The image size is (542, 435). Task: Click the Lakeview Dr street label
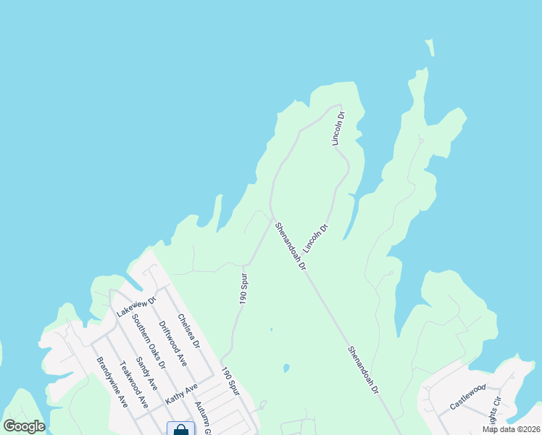click(136, 307)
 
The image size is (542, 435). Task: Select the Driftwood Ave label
click(172, 342)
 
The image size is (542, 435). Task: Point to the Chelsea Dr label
click(187, 331)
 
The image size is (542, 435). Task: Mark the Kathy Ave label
click(180, 394)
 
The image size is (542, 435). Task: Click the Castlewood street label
click(467, 397)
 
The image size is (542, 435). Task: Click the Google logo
click(24, 426)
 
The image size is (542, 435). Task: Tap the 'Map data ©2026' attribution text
click(511, 429)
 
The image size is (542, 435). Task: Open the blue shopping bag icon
click(180, 429)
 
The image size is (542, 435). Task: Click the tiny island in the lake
click(430, 48)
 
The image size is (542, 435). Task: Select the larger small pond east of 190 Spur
click(286, 368)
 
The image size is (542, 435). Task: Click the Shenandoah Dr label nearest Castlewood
click(363, 370)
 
